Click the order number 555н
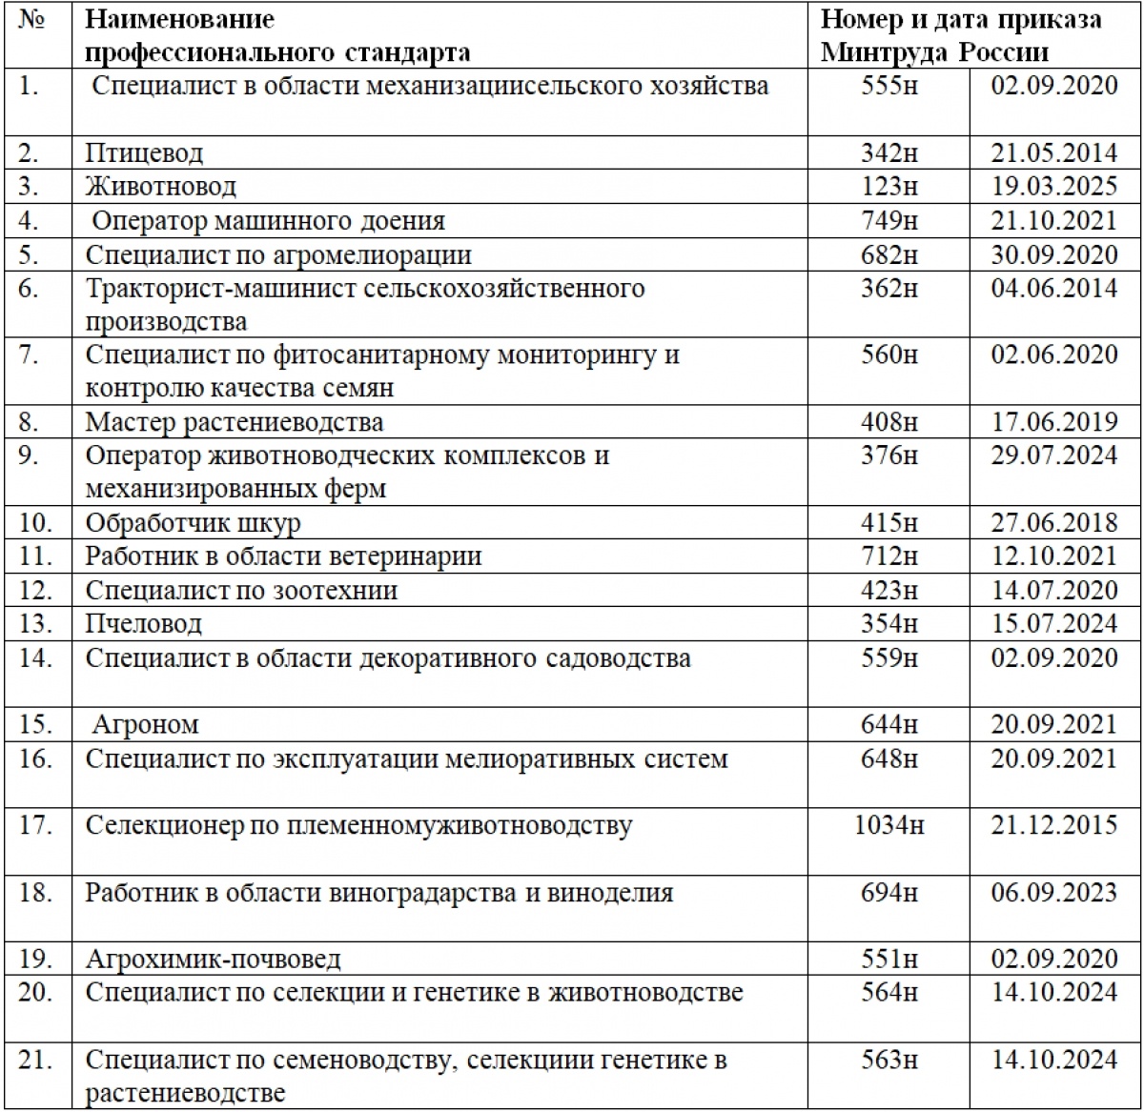tap(889, 86)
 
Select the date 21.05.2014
tap(1053, 152)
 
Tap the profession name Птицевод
tap(144, 152)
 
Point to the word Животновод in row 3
tap(160, 187)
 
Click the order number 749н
tap(889, 221)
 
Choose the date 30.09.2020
tap(1053, 254)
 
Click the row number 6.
tap(29, 289)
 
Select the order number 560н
tap(889, 354)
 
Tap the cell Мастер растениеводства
tap(235, 422)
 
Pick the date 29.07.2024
tap(1053, 455)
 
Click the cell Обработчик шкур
tap(194, 523)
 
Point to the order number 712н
tap(889, 556)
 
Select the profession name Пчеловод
tap(144, 624)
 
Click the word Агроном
tap(146, 725)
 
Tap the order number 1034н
tap(889, 825)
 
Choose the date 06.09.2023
tap(1053, 893)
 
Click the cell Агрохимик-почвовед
tap(213, 960)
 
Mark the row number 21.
tap(34, 1060)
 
